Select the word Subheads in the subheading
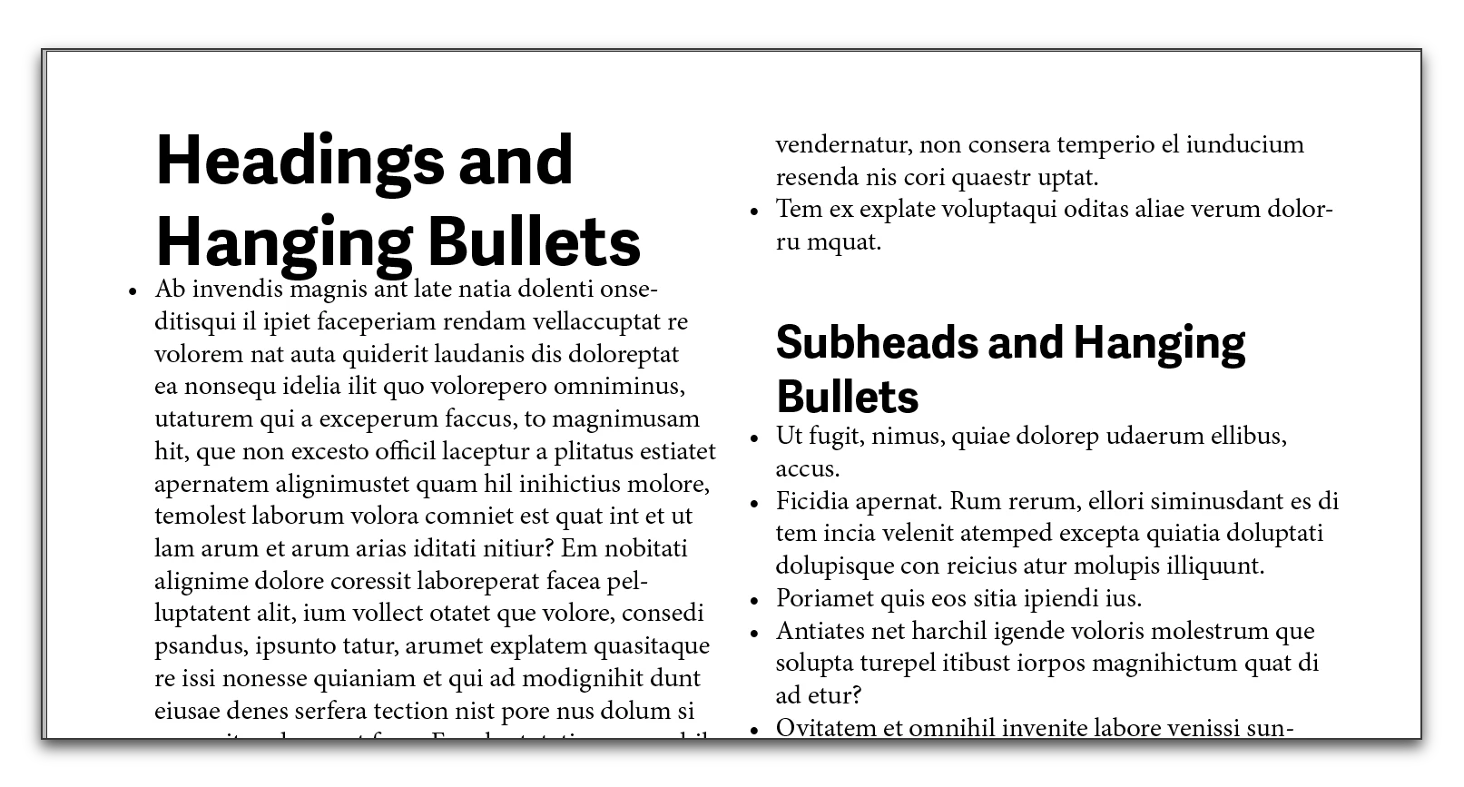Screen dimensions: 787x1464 click(x=873, y=342)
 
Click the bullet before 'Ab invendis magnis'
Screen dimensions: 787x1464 click(x=133, y=291)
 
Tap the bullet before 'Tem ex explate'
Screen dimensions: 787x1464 click(x=753, y=212)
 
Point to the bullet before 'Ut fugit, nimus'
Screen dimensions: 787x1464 click(x=753, y=438)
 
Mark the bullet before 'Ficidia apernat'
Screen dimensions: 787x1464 click(x=753, y=503)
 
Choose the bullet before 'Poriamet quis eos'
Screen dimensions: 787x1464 click(x=753, y=600)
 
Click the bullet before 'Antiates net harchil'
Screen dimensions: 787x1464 click(x=753, y=633)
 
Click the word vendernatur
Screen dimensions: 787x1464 click(x=843, y=144)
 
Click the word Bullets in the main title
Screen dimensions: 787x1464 click(x=534, y=242)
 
